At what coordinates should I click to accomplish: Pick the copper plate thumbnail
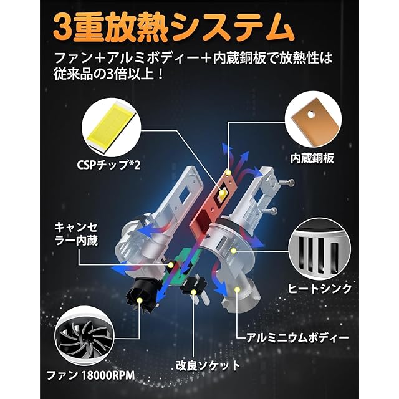(x=314, y=121)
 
